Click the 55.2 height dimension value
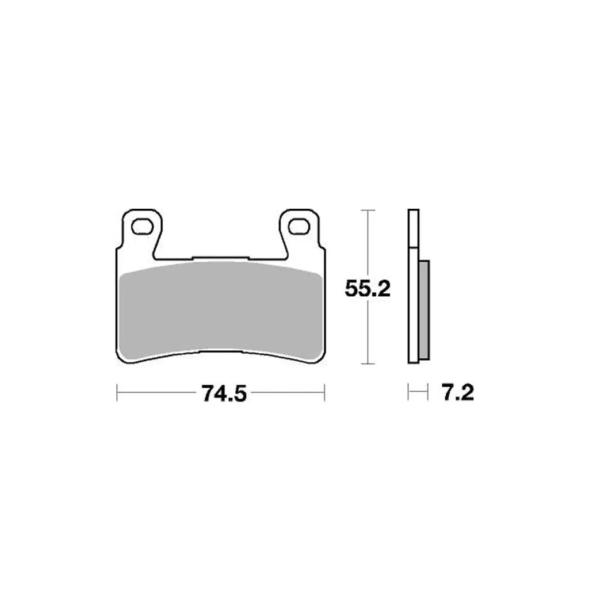[368, 288]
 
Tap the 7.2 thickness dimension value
[457, 393]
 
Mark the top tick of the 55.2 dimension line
[367, 211]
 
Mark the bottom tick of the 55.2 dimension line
[367, 364]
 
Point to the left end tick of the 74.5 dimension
[117, 393]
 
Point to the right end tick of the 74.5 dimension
[325, 393]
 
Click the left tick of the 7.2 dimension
[408, 393]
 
